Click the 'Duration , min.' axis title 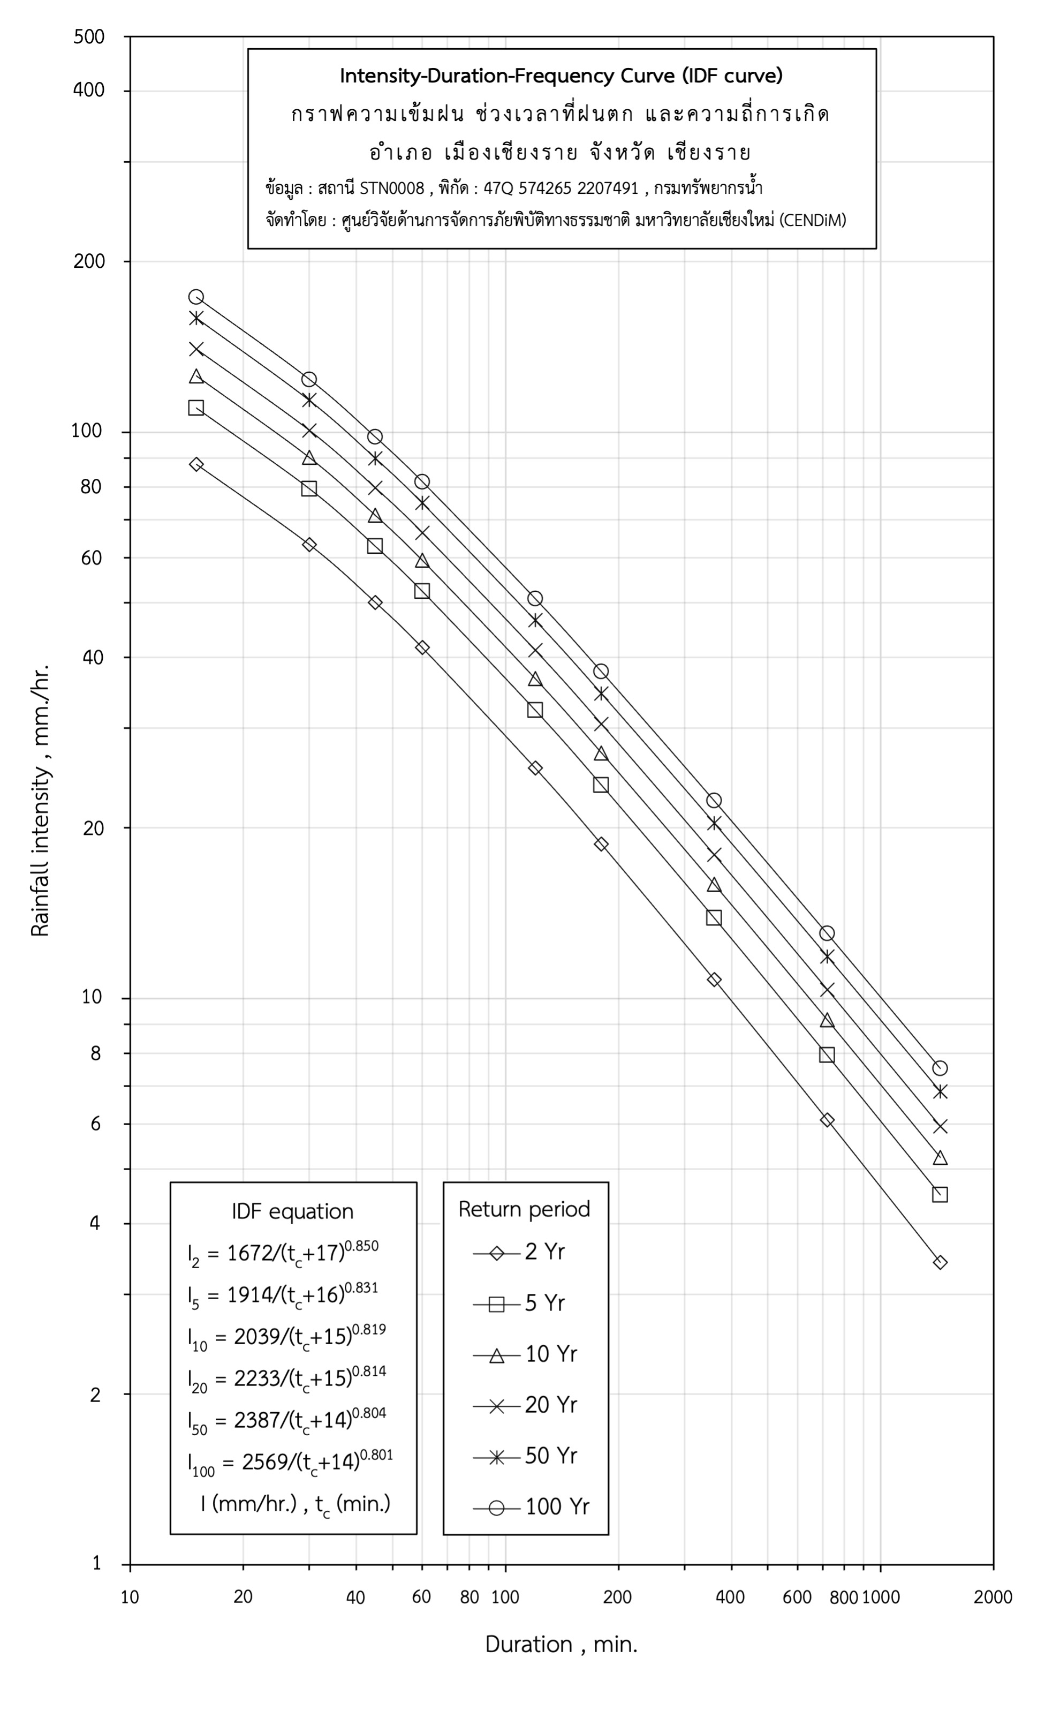pyautogui.click(x=561, y=1644)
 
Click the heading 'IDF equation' pyautogui.click(x=293, y=1211)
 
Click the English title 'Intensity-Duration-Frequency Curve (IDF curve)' pyautogui.click(x=561, y=76)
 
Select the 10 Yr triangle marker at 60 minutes pyautogui.click(x=422, y=561)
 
